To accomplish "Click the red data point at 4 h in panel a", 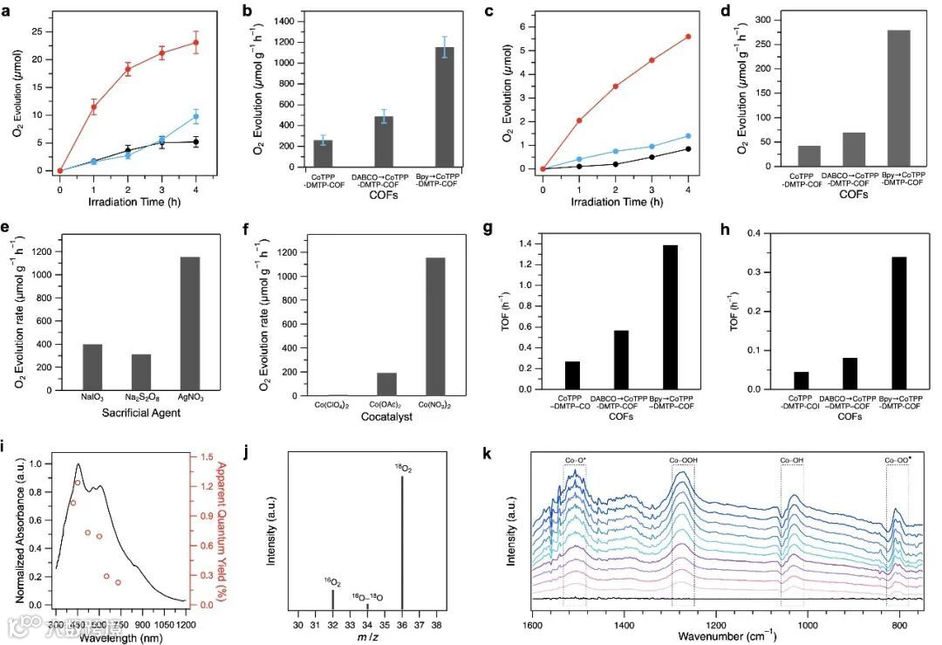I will click(196, 42).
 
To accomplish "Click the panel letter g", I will click(488, 231).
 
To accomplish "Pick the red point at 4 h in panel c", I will click(688, 37).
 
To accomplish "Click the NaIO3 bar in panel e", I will click(92, 371).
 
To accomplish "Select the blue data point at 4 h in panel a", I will click(196, 116).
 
